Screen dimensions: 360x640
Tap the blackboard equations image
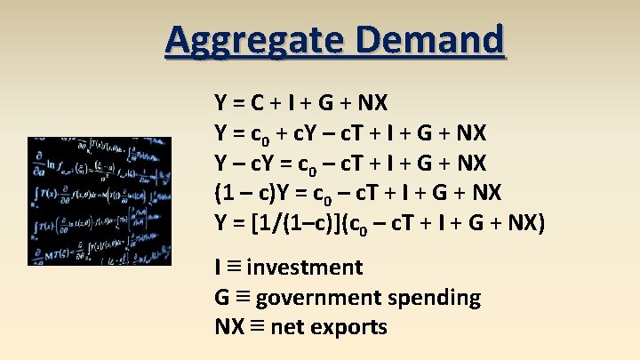[x=100, y=200]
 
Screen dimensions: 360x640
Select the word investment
[x=305, y=268]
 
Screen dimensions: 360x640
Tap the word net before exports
[x=286, y=327]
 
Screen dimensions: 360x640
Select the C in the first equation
[x=256, y=102]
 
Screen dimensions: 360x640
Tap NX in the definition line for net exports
[x=227, y=327]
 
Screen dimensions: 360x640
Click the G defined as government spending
[x=222, y=298]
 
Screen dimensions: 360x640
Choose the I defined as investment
[x=218, y=268]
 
